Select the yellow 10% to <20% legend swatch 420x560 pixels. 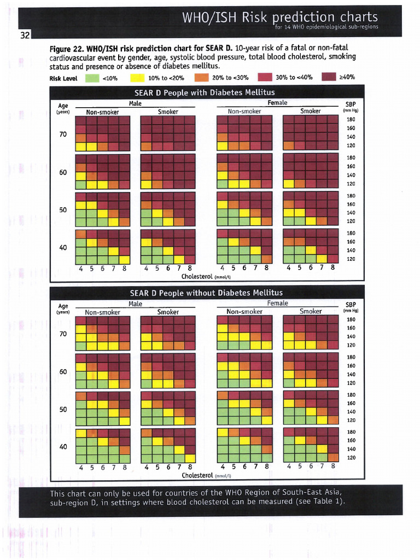(137, 78)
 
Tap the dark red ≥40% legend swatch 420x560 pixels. (329, 78)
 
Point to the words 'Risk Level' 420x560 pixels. (63, 78)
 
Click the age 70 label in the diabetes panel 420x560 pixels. (63, 134)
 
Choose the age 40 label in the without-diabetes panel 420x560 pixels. (63, 446)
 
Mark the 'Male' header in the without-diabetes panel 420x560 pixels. (135, 304)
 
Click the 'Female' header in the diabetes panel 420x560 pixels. (277, 103)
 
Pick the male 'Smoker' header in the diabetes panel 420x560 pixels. (168, 112)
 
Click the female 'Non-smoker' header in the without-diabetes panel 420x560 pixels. (244, 312)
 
